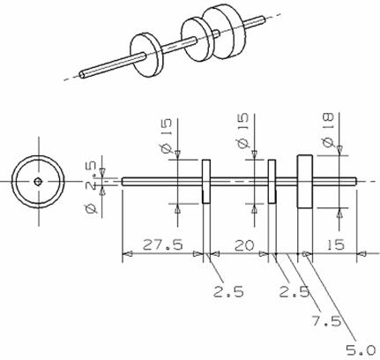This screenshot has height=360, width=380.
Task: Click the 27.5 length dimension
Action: pos(163,244)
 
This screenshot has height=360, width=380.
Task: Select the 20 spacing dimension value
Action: pos(244,245)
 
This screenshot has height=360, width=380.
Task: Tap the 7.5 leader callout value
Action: pos(327,321)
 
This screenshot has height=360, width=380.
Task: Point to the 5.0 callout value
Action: pos(361,350)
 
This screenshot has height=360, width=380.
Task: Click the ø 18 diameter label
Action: pos(328,130)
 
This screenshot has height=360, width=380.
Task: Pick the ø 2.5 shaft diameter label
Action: pos(91,187)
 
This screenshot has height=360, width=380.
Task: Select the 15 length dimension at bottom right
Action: pos(335,244)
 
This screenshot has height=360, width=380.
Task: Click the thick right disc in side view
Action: pos(304,182)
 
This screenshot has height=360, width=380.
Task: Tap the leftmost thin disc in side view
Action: pos(206,182)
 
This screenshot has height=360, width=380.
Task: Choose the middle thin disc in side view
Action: pos(272,182)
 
